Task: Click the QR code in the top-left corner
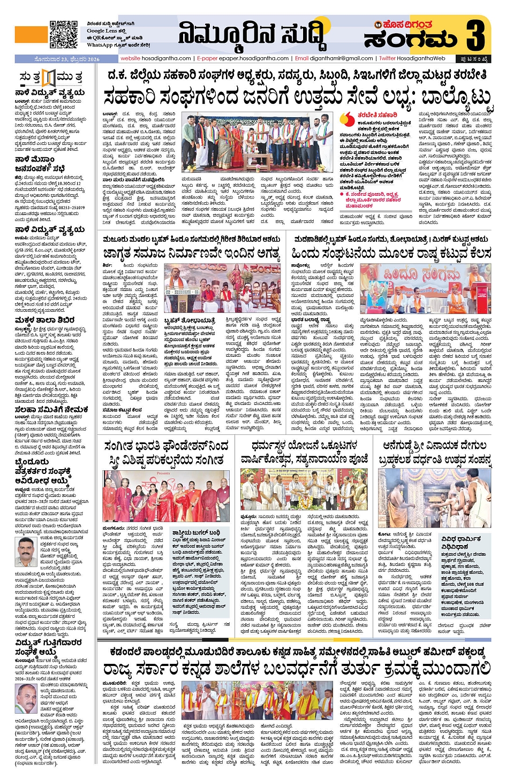tap(63, 34)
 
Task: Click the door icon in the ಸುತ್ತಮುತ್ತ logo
tap(49, 78)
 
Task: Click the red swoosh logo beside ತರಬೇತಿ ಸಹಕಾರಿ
tap(349, 118)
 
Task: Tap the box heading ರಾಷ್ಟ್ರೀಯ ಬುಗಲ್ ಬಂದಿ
tap(196, 533)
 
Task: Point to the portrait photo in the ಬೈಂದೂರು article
tap(26, 552)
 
